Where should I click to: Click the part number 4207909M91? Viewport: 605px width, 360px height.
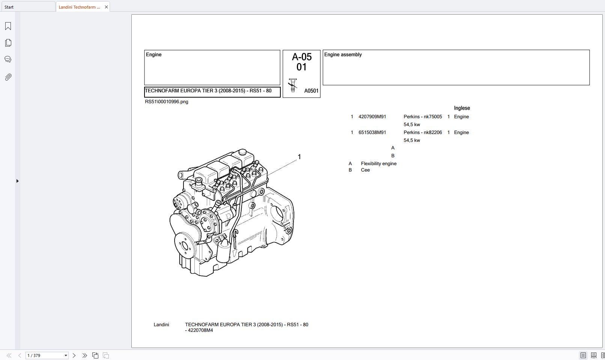pyautogui.click(x=372, y=117)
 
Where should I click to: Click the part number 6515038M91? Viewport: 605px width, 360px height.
pyautogui.click(x=372, y=133)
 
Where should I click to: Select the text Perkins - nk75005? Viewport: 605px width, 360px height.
pyautogui.click(x=423, y=117)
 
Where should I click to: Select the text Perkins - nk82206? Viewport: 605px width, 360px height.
pyautogui.click(x=423, y=133)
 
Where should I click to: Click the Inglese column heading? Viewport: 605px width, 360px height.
pyautogui.click(x=462, y=108)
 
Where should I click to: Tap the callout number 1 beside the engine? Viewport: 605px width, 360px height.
pyautogui.click(x=299, y=157)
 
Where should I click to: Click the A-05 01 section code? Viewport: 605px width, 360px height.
pyautogui.click(x=302, y=62)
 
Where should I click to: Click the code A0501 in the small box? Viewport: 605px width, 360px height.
pyautogui.click(x=311, y=91)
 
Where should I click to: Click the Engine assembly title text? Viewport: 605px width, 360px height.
pyautogui.click(x=343, y=55)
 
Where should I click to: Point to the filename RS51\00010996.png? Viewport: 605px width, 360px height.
pyautogui.click(x=167, y=102)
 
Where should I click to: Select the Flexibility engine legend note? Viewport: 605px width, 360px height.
pyautogui.click(x=378, y=164)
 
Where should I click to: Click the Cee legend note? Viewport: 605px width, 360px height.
pyautogui.click(x=365, y=170)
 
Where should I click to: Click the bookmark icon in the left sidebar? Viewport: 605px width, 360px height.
pyautogui.click(x=8, y=26)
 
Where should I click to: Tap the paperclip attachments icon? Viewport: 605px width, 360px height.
pyautogui.click(x=8, y=77)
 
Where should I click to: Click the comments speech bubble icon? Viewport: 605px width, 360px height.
pyautogui.click(x=8, y=59)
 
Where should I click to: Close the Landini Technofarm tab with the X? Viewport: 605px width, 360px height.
pyautogui.click(x=106, y=7)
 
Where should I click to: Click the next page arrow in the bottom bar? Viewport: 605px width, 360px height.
pyautogui.click(x=74, y=355)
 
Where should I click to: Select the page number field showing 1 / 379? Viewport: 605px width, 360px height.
pyautogui.click(x=44, y=355)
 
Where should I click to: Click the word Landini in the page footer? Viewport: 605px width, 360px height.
pyautogui.click(x=161, y=325)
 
